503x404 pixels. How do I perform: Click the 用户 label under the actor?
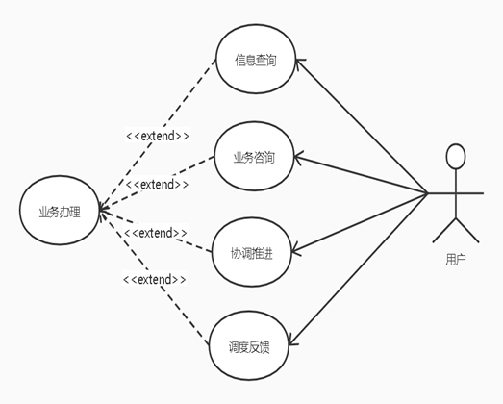456,260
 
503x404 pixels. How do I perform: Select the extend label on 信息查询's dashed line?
158,136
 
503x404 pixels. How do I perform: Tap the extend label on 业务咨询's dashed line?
157,185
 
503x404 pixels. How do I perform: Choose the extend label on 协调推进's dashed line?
155,233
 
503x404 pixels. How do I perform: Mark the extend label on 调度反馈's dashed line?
154,279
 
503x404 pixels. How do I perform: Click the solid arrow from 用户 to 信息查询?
362,126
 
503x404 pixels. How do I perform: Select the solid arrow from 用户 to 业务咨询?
361,174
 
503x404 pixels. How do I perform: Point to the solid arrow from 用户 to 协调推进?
360,222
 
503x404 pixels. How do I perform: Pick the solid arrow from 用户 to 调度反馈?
359,269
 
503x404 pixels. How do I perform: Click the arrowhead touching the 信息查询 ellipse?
299,63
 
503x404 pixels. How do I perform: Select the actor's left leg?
444,230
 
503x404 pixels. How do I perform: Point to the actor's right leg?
467,230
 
